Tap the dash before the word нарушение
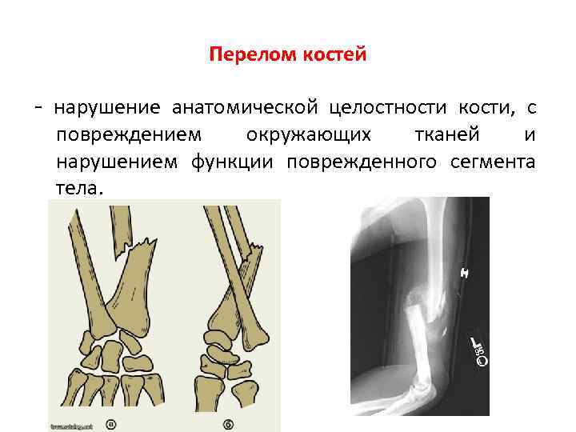(49, 107)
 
